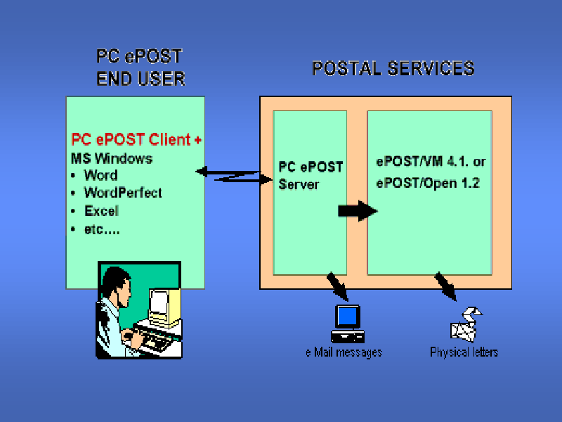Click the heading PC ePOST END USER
click(140, 68)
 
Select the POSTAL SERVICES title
click(393, 68)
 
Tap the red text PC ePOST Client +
click(136, 139)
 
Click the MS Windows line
click(112, 158)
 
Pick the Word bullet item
click(100, 175)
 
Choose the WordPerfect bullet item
click(122, 193)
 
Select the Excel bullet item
click(101, 211)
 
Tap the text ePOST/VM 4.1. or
click(431, 162)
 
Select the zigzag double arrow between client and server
click(233, 175)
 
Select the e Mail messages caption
click(344, 352)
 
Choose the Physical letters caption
click(464, 352)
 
